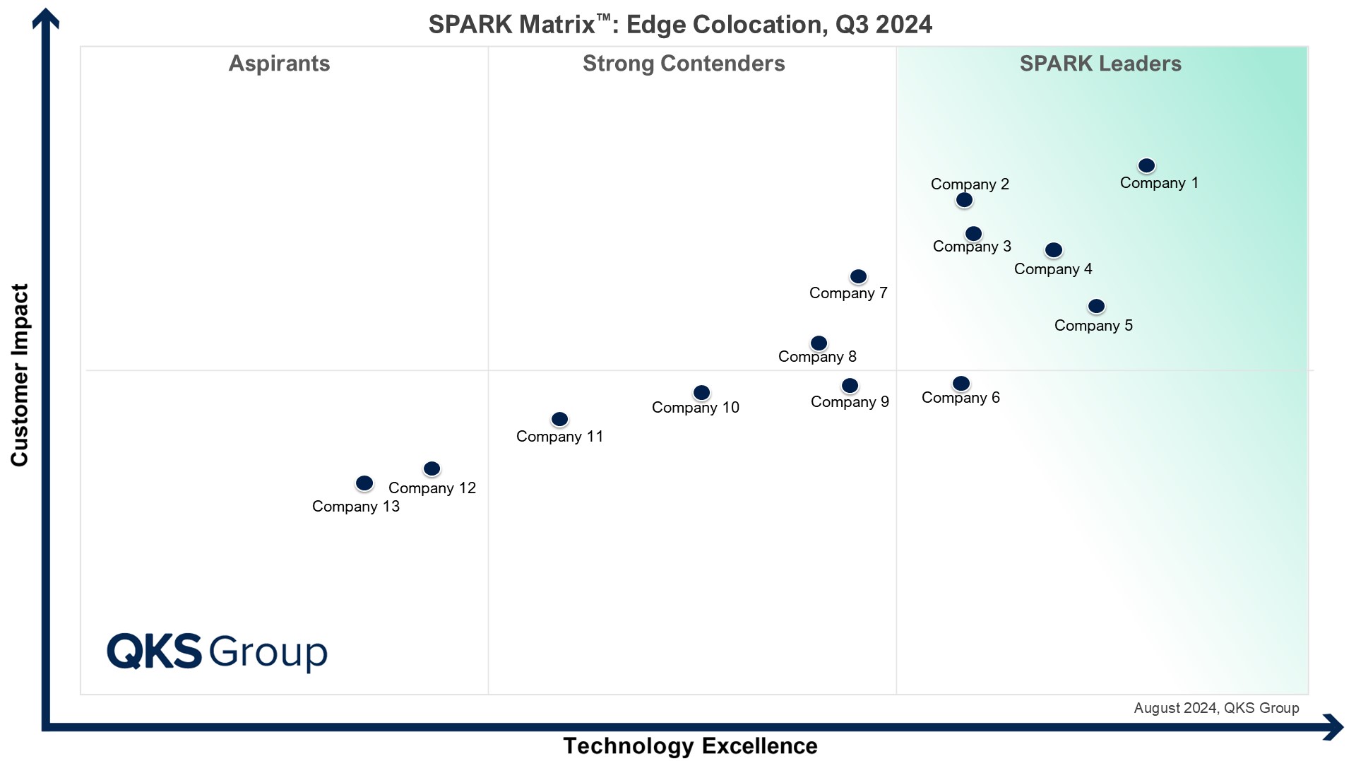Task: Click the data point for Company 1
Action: click(x=1146, y=165)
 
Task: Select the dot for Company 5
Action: click(x=1096, y=306)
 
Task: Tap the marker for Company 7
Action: click(x=858, y=276)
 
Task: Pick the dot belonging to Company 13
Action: click(x=364, y=483)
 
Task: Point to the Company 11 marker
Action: click(x=559, y=419)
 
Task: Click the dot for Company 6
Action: click(x=961, y=383)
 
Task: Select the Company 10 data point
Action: click(x=701, y=392)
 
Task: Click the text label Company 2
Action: click(x=970, y=184)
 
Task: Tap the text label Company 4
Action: click(x=1053, y=269)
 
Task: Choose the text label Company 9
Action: click(x=850, y=402)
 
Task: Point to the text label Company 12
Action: click(x=432, y=488)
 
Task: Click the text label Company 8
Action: click(x=817, y=357)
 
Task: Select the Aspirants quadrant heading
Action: click(x=279, y=64)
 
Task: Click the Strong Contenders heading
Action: click(x=684, y=64)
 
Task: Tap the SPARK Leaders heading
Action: click(x=1100, y=64)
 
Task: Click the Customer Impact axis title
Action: click(x=20, y=374)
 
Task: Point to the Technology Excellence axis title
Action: click(x=690, y=745)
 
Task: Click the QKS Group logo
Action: click(x=217, y=651)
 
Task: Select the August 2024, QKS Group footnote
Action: click(x=1216, y=708)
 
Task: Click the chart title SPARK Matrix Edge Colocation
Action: click(x=680, y=25)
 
